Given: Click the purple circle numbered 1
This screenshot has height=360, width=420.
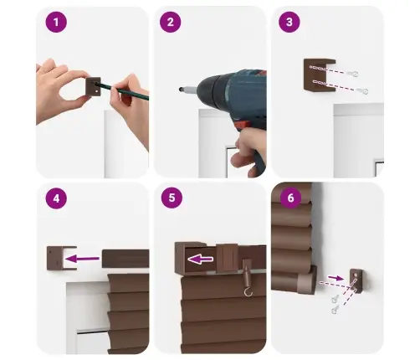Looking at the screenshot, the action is (56, 22).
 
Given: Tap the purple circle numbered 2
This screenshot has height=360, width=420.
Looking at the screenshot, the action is (171, 22).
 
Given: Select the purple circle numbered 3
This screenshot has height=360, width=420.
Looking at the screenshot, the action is (289, 22).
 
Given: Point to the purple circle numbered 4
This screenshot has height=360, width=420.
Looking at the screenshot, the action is (56, 198).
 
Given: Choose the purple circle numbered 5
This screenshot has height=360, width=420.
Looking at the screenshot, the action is (172, 198).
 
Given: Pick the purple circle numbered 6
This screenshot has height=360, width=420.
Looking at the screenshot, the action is (290, 198).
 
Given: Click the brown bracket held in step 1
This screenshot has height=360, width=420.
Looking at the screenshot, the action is (93, 87).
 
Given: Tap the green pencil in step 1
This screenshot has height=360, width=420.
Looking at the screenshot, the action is (123, 90).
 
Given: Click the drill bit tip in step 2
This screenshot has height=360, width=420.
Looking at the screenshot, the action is (181, 90).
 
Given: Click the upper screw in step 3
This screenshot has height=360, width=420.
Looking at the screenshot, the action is (353, 74).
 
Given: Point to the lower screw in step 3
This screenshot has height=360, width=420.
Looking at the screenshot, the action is (362, 91).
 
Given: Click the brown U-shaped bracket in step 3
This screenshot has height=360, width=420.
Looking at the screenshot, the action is (319, 75).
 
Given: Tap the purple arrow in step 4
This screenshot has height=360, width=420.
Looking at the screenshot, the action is (82, 259).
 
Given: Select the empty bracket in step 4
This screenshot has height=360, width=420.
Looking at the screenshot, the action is (61, 258).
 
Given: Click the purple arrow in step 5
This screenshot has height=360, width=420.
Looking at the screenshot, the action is (200, 260).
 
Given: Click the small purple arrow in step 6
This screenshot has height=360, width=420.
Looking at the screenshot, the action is (335, 278).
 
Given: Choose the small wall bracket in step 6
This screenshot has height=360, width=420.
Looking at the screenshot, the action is (356, 280).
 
